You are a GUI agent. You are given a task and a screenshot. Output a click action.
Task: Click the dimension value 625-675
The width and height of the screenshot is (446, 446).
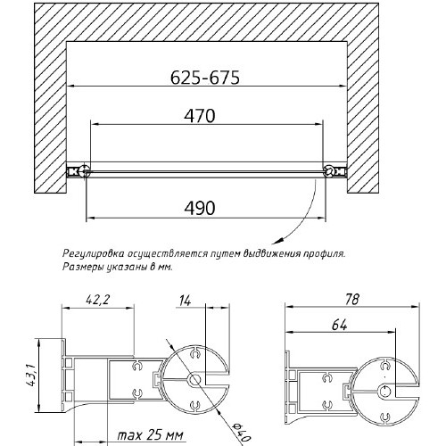205,78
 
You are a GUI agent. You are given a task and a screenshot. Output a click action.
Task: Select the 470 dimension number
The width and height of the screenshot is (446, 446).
200,116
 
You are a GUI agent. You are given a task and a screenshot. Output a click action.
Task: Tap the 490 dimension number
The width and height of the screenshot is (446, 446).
200,208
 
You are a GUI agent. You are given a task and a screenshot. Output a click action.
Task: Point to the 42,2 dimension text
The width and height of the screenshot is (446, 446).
97,300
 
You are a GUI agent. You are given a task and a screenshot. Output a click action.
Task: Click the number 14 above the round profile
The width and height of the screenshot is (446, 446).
185,301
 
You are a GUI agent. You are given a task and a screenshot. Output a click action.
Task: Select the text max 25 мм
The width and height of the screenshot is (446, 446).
150,435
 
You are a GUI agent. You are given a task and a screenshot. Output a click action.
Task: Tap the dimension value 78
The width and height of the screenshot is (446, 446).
352,300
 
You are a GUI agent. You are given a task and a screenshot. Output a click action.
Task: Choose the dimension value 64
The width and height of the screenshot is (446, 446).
339,326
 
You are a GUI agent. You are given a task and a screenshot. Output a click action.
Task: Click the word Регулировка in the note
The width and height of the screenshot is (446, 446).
94,254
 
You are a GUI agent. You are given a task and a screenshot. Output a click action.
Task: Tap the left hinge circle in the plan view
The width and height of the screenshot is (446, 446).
85,171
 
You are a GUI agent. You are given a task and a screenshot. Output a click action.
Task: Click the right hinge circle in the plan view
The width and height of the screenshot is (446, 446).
329,171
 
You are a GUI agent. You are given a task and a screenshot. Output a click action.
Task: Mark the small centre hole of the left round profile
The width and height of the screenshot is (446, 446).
194,380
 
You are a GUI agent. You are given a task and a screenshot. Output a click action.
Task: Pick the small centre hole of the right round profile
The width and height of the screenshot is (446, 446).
385,390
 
